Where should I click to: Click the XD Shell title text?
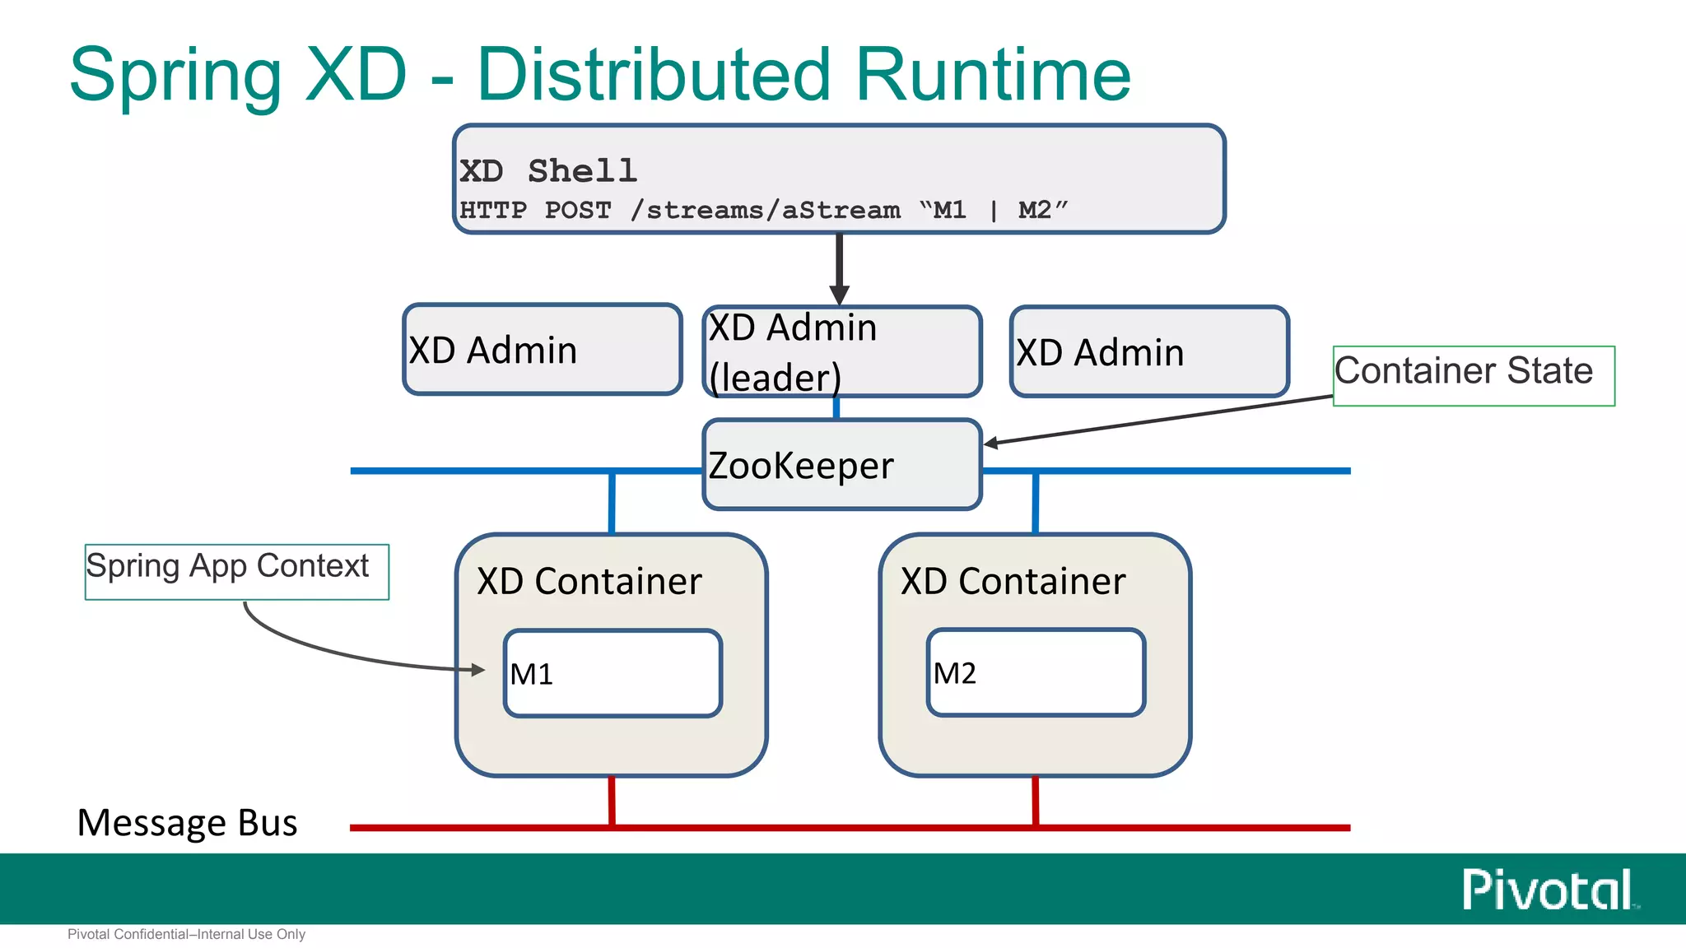click(547, 171)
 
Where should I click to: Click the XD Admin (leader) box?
click(841, 351)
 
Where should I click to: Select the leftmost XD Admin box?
click(542, 350)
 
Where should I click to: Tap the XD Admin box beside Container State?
click(1148, 352)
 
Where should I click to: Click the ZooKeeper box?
click(841, 465)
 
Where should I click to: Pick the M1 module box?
click(612, 673)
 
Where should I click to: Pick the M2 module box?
click(1036, 672)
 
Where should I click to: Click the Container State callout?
click(1473, 375)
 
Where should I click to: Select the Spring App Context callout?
click(236, 571)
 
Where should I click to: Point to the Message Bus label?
click(187, 822)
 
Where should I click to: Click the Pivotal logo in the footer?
click(1549, 890)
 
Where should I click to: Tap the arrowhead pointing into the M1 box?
click(478, 670)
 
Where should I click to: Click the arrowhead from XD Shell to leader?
click(839, 295)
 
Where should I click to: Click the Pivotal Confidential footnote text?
click(186, 934)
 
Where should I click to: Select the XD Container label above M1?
click(589, 581)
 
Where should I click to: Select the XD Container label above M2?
click(1013, 581)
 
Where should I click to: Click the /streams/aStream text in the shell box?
click(765, 210)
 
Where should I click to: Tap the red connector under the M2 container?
click(1035, 800)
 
